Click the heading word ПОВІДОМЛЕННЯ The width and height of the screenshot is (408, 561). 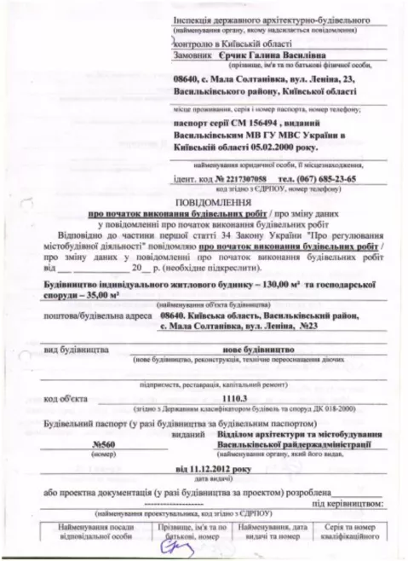coord(204,194)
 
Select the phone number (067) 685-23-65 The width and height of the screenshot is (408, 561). coord(331,178)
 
